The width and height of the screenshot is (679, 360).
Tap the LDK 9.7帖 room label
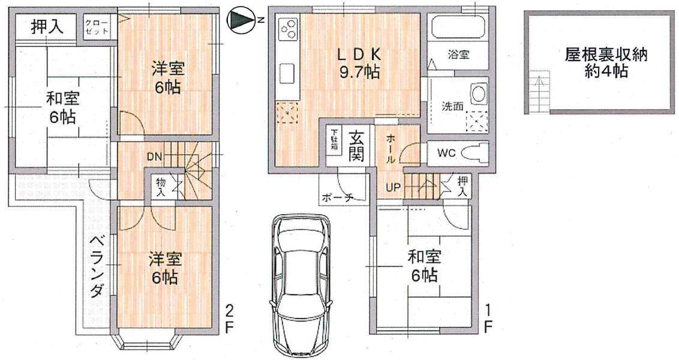click(x=358, y=64)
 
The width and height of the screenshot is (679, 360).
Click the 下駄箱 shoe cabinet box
click(x=333, y=140)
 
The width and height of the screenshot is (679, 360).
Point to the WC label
click(x=446, y=153)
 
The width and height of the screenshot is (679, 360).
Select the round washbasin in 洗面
click(x=478, y=94)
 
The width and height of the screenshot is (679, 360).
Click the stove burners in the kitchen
click(x=289, y=28)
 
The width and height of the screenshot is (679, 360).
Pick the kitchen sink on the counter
click(x=286, y=74)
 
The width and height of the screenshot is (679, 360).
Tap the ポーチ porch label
click(x=337, y=197)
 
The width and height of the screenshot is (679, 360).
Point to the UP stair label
click(x=393, y=187)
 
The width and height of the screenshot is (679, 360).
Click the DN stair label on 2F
click(x=154, y=157)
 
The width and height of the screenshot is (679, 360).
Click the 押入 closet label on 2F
click(x=45, y=27)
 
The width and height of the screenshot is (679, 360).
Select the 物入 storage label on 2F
click(x=161, y=187)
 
